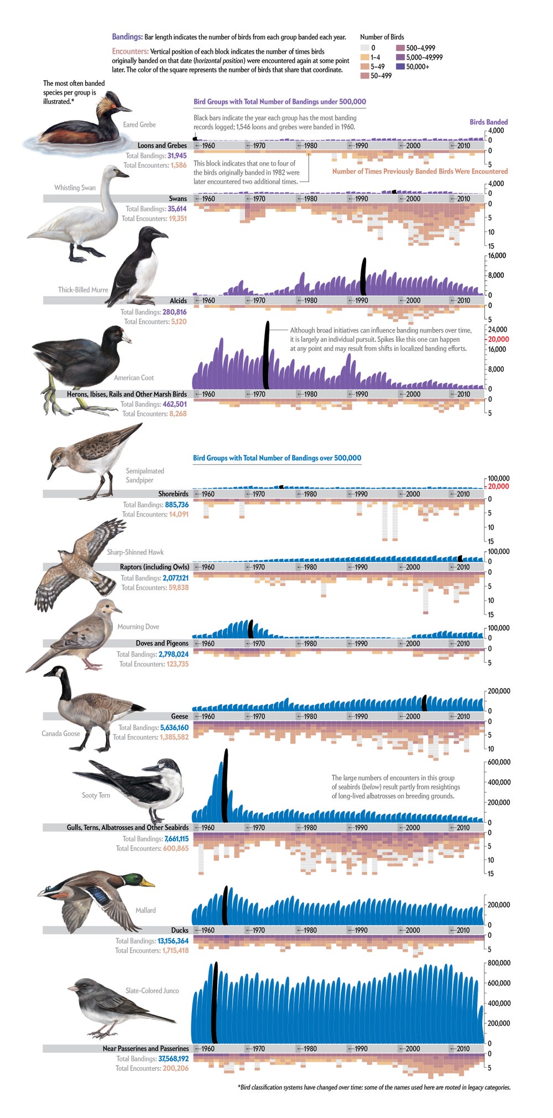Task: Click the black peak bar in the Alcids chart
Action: click(363, 277)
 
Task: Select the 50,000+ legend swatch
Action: click(400, 66)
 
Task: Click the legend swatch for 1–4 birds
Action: click(364, 57)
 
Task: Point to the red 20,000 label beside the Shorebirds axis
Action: click(498, 486)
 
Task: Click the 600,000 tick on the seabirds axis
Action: click(499, 762)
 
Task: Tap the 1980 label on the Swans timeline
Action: click(310, 199)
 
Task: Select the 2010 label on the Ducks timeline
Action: click(463, 930)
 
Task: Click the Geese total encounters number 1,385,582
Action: click(174, 737)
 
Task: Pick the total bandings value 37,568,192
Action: click(173, 1059)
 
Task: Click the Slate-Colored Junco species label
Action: click(152, 991)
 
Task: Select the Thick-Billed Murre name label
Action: click(83, 290)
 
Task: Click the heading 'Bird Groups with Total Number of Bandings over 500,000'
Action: click(277, 458)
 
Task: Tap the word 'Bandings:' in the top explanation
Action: click(127, 37)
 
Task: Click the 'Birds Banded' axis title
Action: click(488, 122)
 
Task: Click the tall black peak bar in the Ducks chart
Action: click(225, 906)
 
